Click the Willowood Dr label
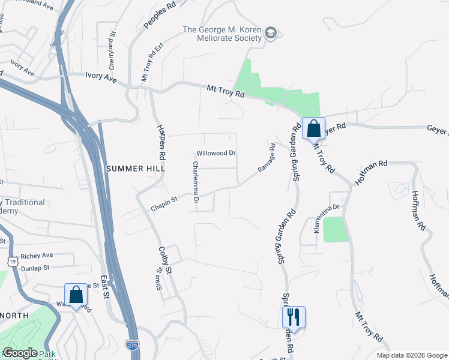point(216,153)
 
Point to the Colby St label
point(165,260)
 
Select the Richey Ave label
point(37,256)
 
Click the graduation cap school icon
point(271,32)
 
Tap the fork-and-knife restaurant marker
point(294,316)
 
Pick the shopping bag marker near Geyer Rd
point(313,128)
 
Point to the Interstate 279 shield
point(132,344)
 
